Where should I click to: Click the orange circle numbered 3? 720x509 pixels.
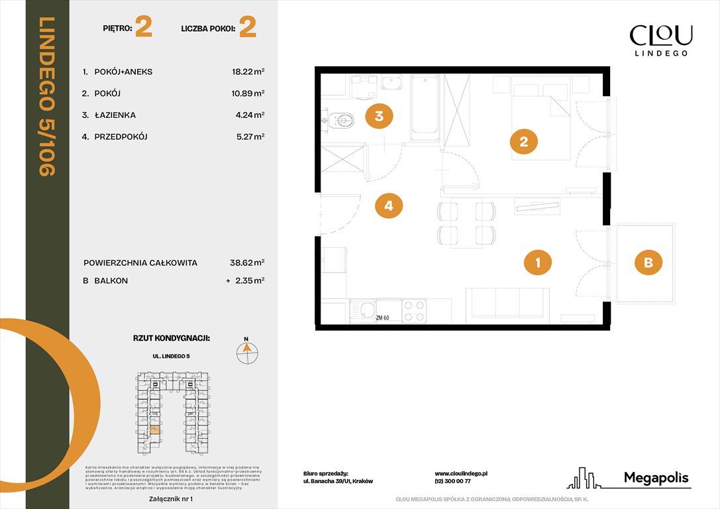click(x=379, y=117)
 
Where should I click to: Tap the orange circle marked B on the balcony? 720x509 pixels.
click(x=648, y=262)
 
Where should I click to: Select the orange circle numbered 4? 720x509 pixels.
click(x=389, y=206)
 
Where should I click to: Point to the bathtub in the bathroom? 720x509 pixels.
click(x=425, y=107)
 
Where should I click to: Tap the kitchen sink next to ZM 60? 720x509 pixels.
click(x=364, y=308)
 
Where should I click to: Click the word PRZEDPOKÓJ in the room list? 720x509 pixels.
click(x=121, y=137)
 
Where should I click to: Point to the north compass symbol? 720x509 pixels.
click(x=247, y=351)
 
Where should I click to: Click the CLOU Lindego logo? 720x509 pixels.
click(x=660, y=40)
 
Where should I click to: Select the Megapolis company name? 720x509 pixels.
click(x=656, y=478)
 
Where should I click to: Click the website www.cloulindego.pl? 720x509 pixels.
click(x=461, y=474)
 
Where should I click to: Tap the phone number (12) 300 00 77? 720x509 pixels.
click(x=453, y=482)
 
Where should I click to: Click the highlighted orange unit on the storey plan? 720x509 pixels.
click(x=154, y=430)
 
